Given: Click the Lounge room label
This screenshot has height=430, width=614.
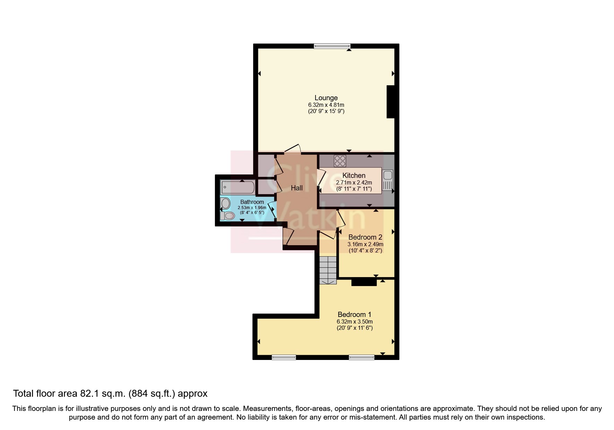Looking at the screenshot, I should tap(326, 98).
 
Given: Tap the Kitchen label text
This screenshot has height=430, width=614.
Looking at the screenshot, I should tap(354, 175).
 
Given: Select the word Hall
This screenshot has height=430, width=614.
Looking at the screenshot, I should tap(296, 188).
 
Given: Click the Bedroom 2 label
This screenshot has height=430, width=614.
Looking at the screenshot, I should tap(365, 237).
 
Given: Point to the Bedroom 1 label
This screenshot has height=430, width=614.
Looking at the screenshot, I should tap(354, 315).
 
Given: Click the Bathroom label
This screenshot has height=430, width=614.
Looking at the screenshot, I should tap(252, 202).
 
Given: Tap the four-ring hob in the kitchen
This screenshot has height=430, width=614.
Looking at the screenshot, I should tap(340, 161).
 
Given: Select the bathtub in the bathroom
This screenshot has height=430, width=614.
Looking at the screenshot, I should tap(238, 188).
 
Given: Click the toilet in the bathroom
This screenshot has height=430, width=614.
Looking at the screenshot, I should tap(227, 216).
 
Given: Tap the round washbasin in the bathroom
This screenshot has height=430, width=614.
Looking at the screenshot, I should tap(225, 203).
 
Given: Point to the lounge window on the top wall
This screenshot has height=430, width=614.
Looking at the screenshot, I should tap(332, 46).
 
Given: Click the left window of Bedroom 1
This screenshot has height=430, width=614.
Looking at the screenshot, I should tap(284, 357).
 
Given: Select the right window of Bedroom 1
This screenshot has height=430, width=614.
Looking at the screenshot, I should tap(362, 357).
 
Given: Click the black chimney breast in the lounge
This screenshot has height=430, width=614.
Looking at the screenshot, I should tap(391, 102).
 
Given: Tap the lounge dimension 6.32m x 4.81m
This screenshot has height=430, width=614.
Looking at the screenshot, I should tap(326, 105).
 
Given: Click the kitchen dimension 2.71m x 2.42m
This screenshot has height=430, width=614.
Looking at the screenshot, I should tap(354, 182).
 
